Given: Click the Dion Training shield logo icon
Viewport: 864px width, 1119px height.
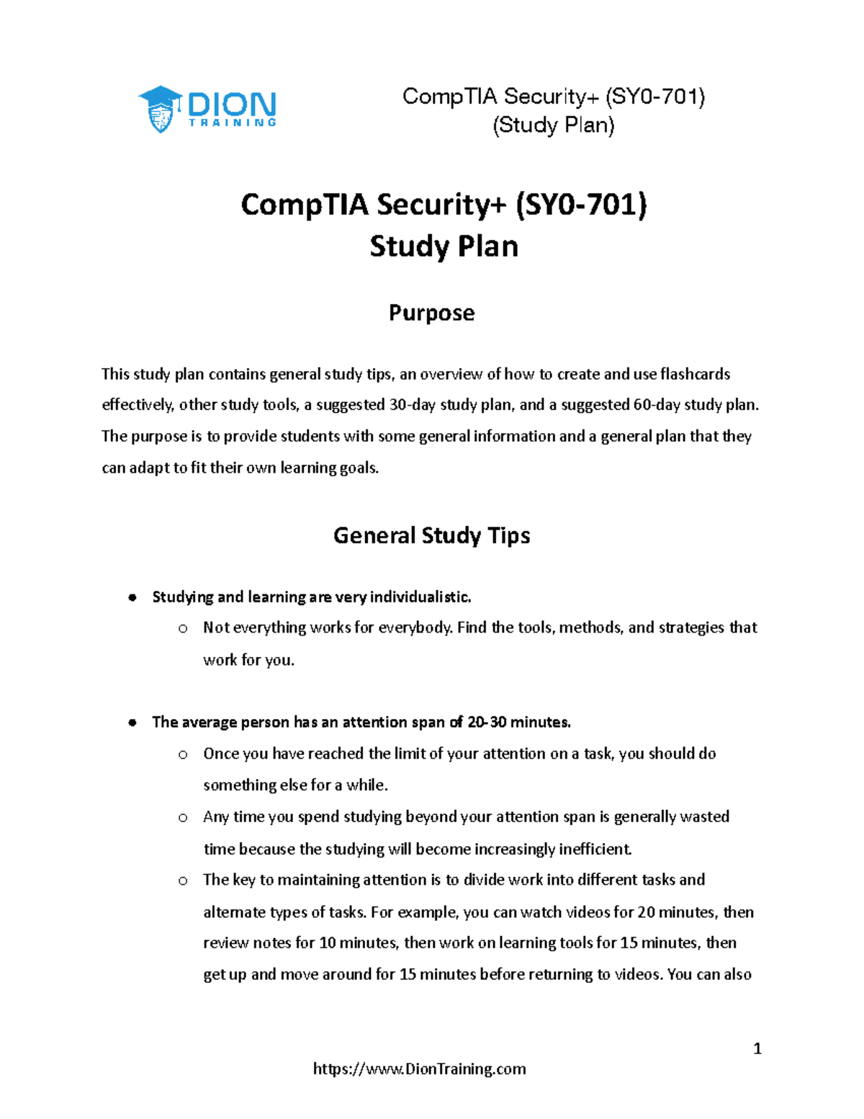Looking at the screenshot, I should point(160,110).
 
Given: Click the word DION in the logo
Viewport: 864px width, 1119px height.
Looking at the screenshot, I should point(231,104).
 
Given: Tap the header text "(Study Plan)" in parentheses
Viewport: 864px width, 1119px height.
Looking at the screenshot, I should point(553,125).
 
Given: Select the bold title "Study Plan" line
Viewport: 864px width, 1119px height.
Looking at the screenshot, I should point(444,246).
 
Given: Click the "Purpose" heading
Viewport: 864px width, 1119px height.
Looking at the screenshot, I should point(431,313).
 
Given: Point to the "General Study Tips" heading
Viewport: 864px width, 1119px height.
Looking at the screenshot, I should point(431,535).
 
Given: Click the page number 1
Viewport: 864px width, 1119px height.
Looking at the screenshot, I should point(757,1048).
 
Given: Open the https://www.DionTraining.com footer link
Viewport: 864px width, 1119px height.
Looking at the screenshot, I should point(419,1069).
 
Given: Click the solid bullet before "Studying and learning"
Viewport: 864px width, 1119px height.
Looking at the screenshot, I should point(132,597).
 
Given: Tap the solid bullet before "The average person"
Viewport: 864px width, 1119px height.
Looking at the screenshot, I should point(132,723).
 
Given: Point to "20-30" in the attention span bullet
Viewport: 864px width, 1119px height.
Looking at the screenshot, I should point(487,722).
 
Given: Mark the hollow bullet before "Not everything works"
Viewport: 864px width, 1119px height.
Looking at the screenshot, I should point(183,628).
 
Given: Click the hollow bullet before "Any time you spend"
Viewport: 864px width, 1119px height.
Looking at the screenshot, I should point(183,817).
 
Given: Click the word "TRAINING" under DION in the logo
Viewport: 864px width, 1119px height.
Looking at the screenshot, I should point(232,123).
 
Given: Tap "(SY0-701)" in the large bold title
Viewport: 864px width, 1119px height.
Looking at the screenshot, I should point(581,205).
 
